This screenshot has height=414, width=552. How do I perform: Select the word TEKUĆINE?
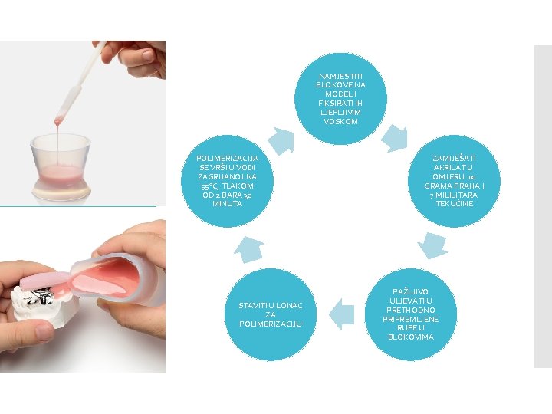(454, 203)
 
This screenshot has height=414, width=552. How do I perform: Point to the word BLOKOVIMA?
(411, 337)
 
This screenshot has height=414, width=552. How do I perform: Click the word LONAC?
(288, 306)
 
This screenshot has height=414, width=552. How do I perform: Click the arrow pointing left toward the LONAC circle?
(341, 314)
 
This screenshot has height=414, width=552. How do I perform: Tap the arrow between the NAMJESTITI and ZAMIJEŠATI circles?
(394, 138)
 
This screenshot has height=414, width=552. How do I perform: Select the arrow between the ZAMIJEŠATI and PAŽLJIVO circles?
(432, 245)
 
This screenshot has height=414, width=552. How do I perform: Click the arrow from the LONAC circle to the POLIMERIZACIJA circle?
(249, 250)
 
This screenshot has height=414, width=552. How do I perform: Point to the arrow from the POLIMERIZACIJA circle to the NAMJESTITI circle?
(281, 141)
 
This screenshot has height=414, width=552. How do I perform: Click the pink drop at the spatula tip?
(58, 121)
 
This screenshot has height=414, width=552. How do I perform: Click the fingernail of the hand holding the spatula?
(148, 54)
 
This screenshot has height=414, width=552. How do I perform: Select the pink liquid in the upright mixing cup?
(61, 172)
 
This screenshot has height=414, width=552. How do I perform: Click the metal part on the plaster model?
(39, 295)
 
